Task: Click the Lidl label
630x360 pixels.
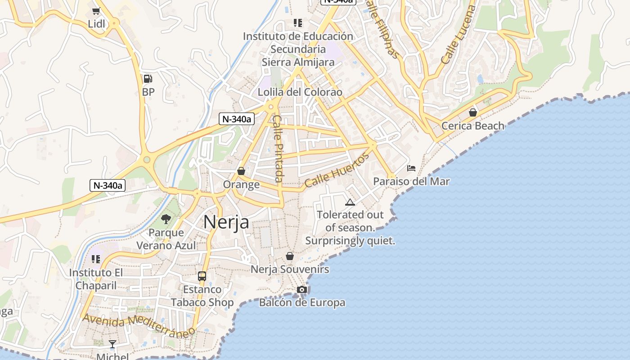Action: [x=96, y=24]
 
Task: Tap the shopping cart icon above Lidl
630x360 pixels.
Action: [x=96, y=11]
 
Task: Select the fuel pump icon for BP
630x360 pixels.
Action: [x=148, y=79]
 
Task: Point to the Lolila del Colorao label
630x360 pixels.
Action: [x=300, y=92]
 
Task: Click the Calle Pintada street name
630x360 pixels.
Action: [x=278, y=148]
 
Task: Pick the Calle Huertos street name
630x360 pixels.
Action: [x=337, y=170]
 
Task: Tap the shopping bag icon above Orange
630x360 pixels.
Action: [x=241, y=171]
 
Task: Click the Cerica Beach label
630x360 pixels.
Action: [x=472, y=126]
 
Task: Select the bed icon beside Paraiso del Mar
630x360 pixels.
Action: [x=411, y=168]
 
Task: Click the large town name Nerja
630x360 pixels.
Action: [x=226, y=222]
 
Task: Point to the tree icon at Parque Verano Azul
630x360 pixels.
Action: [x=166, y=219]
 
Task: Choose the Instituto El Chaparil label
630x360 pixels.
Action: [x=96, y=279]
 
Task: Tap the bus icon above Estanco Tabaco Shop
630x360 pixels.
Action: [x=202, y=276]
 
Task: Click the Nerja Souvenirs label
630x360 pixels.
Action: [x=290, y=270]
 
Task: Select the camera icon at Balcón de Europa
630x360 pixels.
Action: [x=302, y=289]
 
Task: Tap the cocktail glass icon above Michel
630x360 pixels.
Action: [x=112, y=344]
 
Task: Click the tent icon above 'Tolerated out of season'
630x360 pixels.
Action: [x=350, y=202]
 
